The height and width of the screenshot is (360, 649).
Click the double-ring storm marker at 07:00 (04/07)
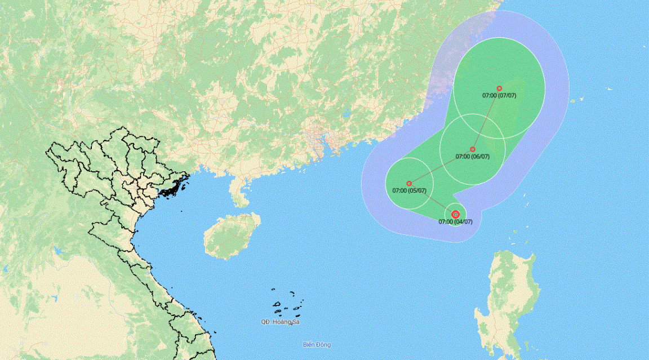pyautogui.click(x=455, y=214)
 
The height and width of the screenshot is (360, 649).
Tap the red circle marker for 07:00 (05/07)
pyautogui.click(x=409, y=183)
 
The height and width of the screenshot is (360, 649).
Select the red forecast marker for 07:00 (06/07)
pyautogui.click(x=472, y=149)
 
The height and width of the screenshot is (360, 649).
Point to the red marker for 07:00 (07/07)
pyautogui.click(x=499, y=88)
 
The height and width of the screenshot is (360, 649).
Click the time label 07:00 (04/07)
pyautogui.click(x=455, y=222)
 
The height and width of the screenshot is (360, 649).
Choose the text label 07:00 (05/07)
pyautogui.click(x=409, y=191)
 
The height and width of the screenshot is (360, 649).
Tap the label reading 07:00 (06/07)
pyautogui.click(x=472, y=157)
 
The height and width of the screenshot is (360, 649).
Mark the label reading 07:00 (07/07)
pyautogui.click(x=499, y=96)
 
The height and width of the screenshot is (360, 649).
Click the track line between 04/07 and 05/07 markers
pyautogui.click(x=433, y=199)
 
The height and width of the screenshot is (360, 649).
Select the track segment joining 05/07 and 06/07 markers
pyautogui.click(x=441, y=166)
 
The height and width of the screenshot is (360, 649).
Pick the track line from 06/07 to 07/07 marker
pyautogui.click(x=486, y=119)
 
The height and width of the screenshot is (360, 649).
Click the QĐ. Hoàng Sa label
pyautogui.click(x=280, y=322)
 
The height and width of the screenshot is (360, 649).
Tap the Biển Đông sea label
pyautogui.click(x=317, y=345)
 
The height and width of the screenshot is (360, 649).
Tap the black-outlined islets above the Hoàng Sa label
pyautogui.click(x=287, y=304)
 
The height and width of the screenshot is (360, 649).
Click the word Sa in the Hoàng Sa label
pyautogui.click(x=296, y=322)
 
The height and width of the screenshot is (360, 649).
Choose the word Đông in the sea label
pyautogui.click(x=323, y=345)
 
